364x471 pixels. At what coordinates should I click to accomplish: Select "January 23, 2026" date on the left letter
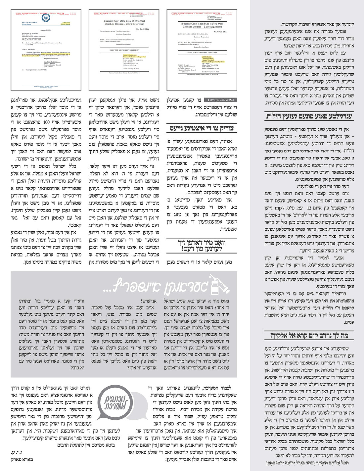point(46,30)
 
